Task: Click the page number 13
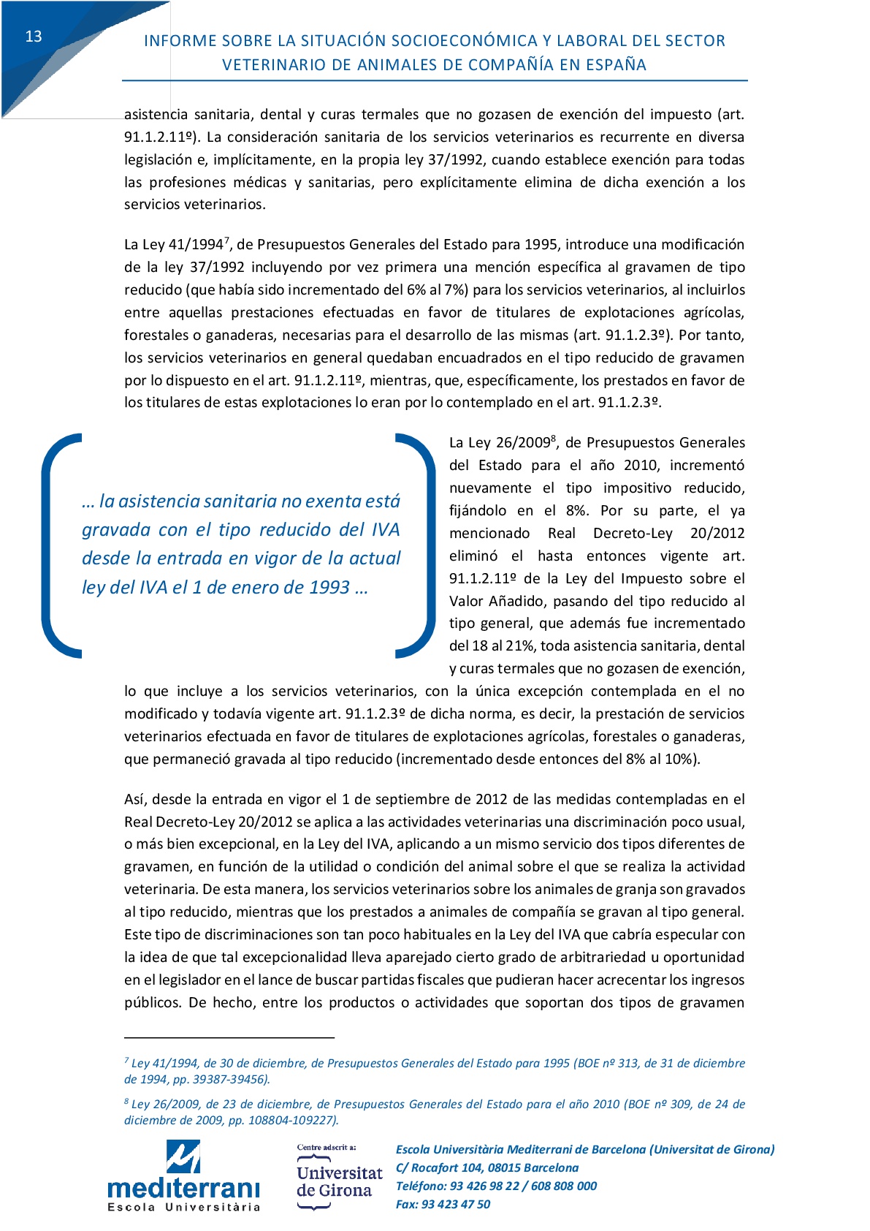(34, 37)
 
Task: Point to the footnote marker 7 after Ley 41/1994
(227, 240)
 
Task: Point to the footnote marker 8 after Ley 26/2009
(554, 438)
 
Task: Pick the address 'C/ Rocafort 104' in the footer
(439, 1168)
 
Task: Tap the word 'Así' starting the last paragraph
(134, 800)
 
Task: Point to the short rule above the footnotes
(229, 1037)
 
